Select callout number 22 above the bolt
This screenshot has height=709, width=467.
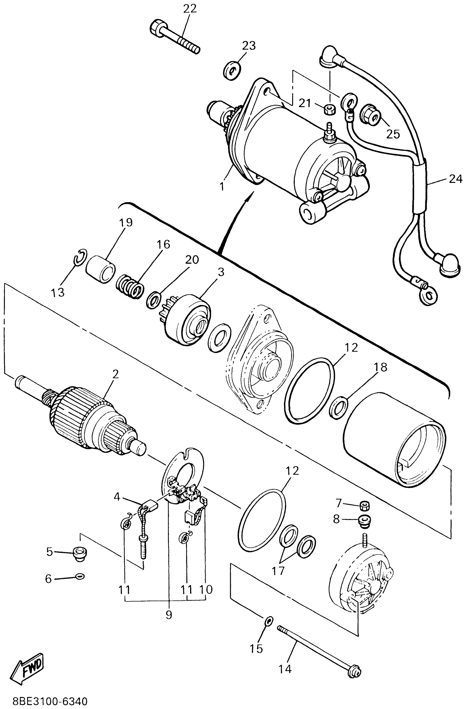pyautogui.click(x=190, y=9)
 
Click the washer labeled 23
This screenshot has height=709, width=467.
pyautogui.click(x=232, y=71)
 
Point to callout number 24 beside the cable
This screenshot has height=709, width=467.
pyautogui.click(x=455, y=179)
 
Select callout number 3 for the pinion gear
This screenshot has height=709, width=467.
pyautogui.click(x=221, y=272)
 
